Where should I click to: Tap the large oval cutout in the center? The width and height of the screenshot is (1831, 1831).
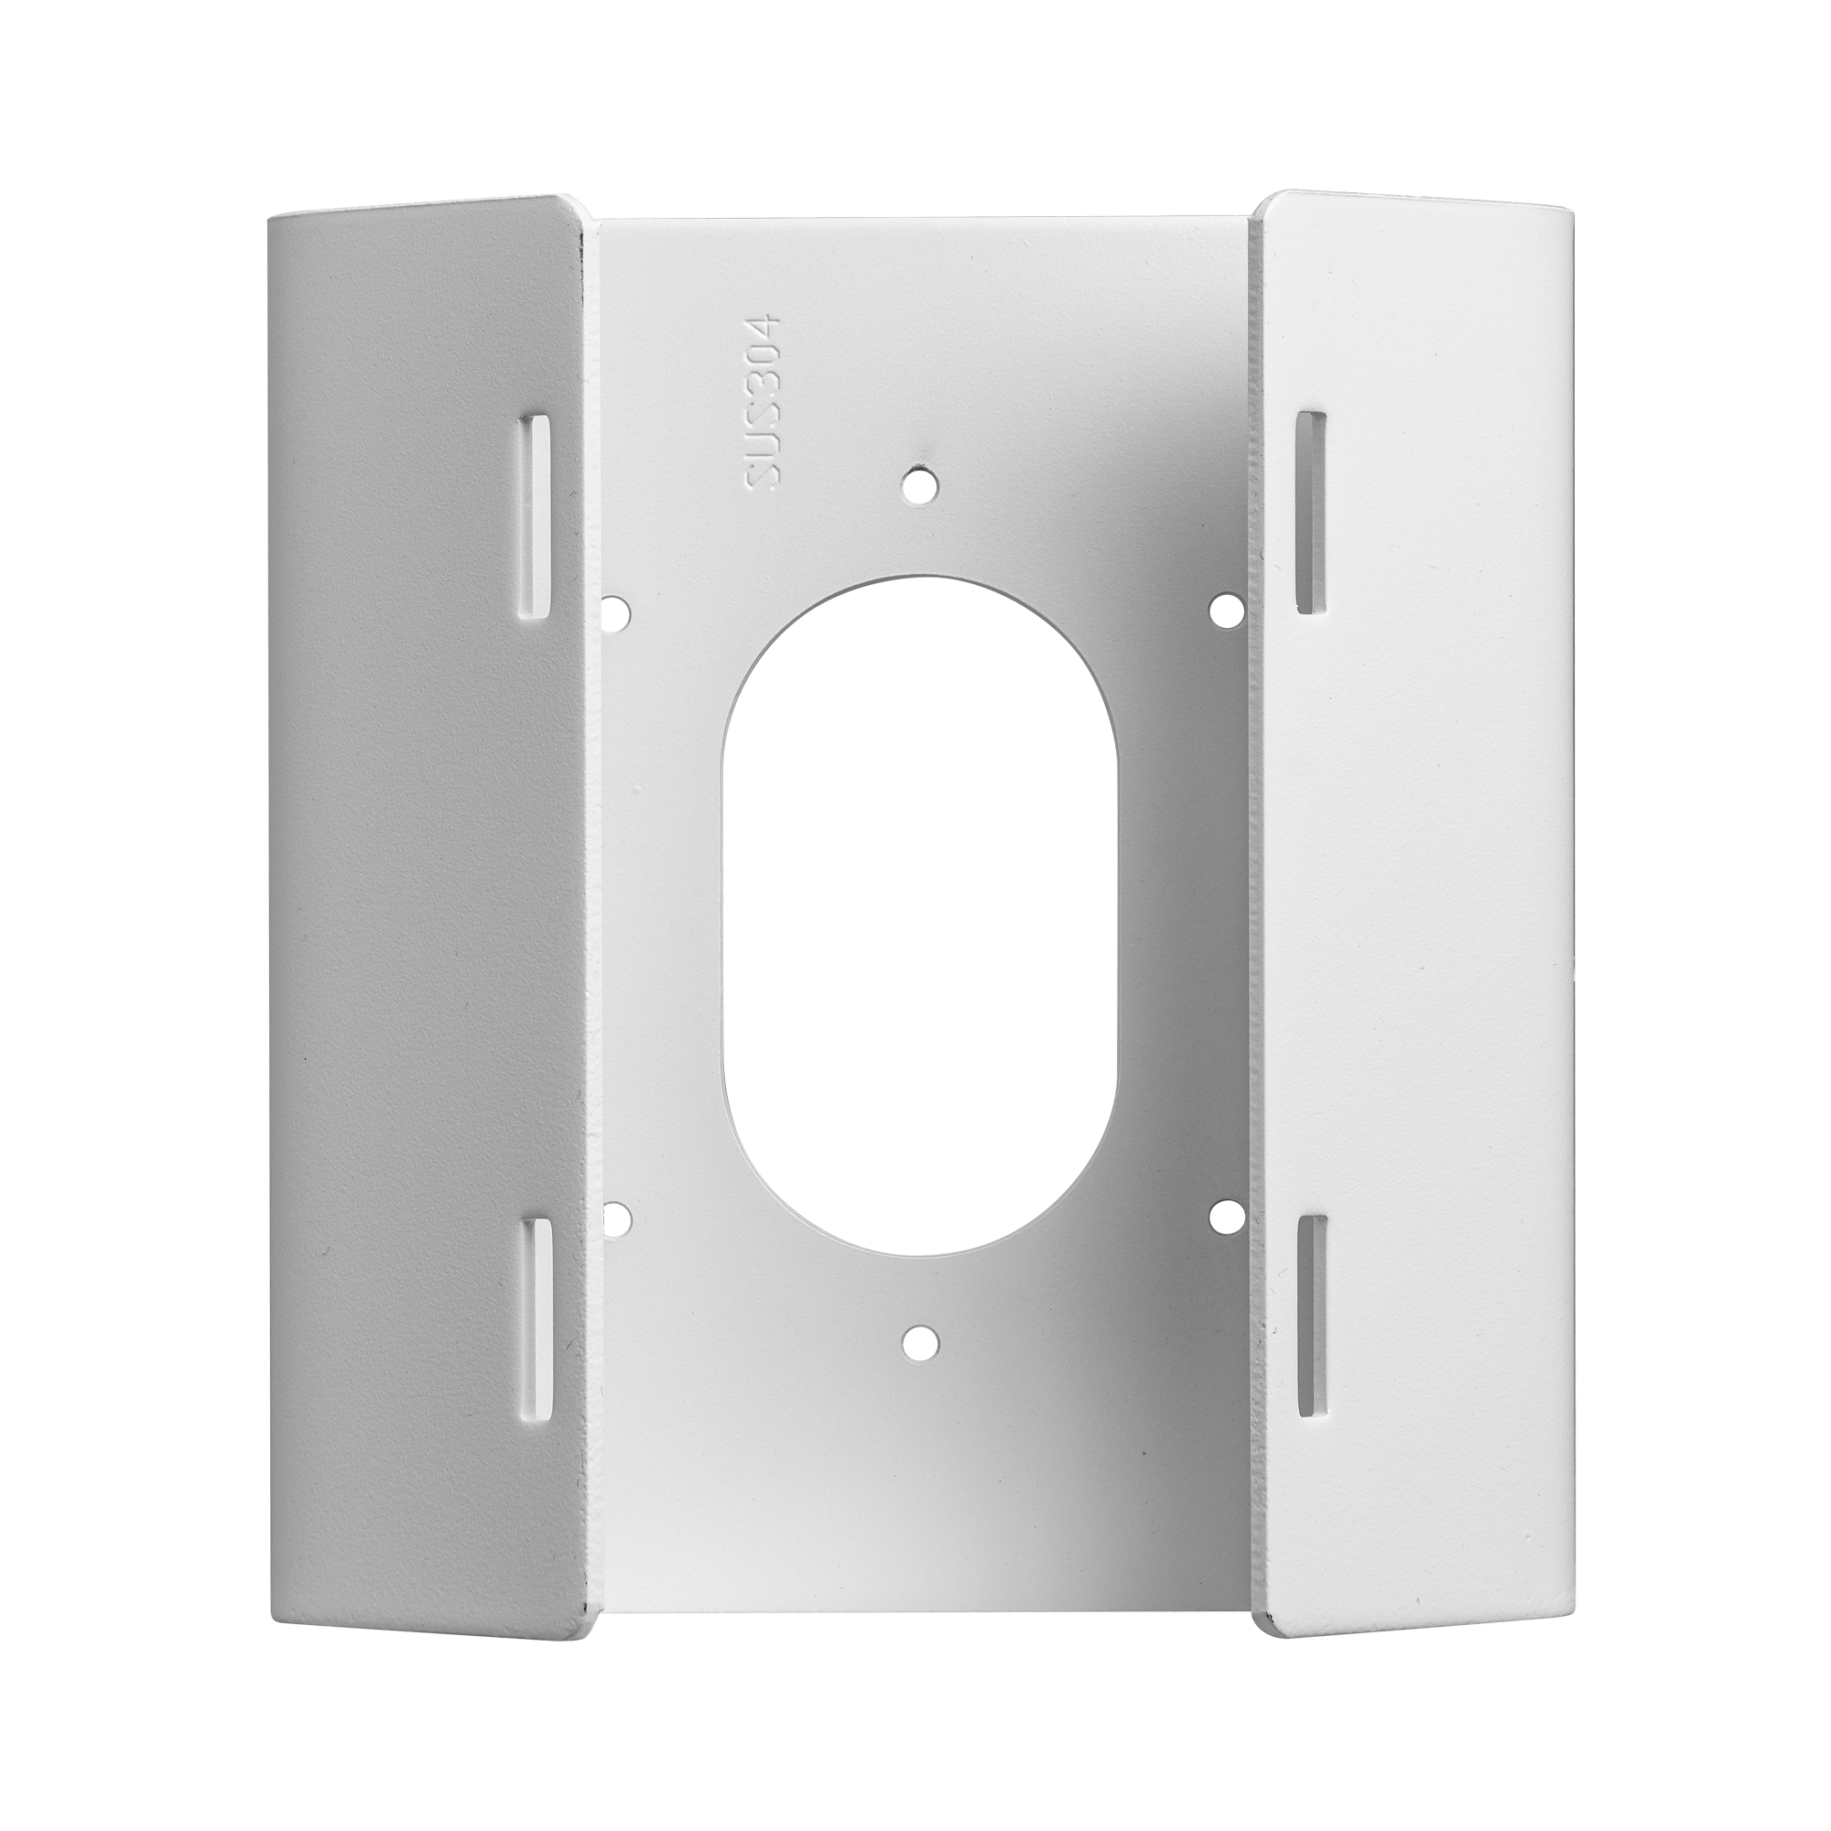pyautogui.click(x=917, y=919)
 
